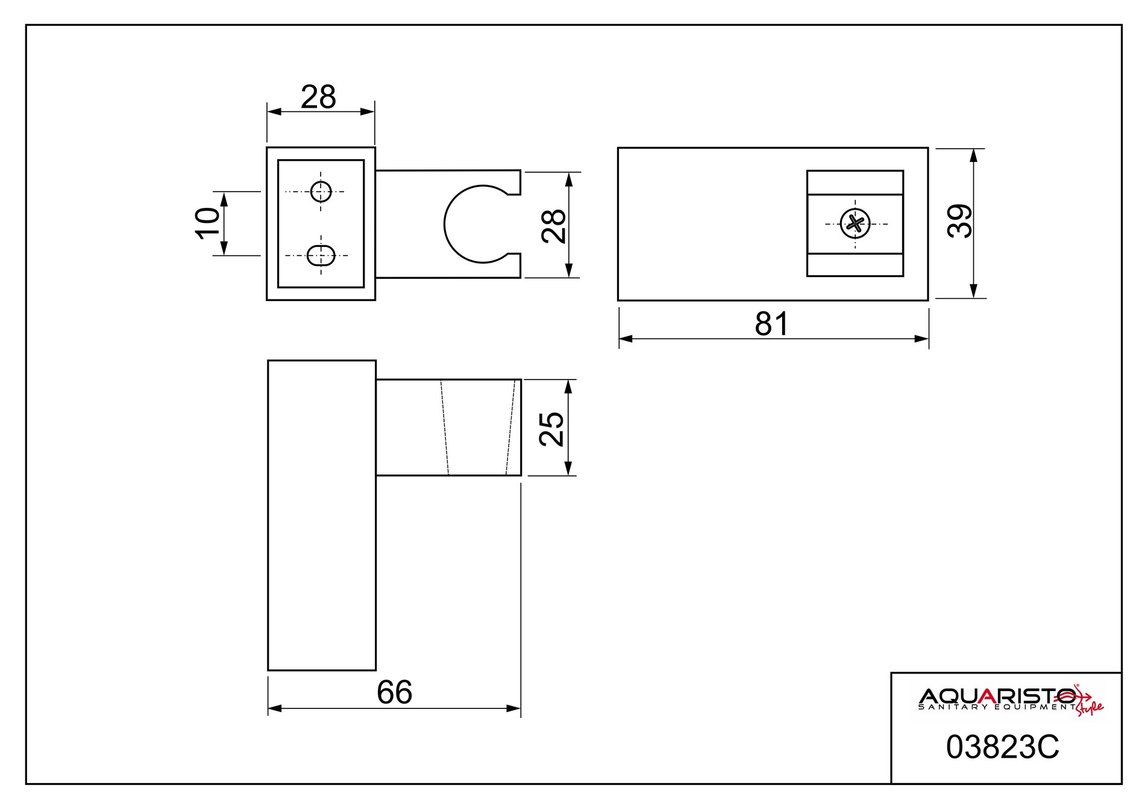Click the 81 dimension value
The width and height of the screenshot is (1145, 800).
pos(771,324)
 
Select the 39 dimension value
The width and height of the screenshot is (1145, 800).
pos(961,221)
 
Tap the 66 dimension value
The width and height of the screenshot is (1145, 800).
pos(394,692)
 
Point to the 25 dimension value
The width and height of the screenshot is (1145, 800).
pos(552,428)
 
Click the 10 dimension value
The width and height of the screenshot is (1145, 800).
pos(207,223)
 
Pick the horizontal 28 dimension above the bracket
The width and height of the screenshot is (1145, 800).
pos(318,97)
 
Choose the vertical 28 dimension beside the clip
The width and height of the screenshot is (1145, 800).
pos(554,226)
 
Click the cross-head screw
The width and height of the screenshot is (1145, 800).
pos(856,224)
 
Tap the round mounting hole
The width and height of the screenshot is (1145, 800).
pos(321,192)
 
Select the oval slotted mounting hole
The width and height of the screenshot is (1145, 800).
pos(321,255)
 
